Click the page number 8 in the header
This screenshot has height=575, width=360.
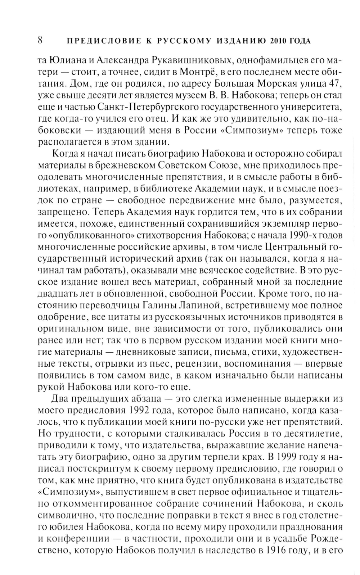tap(40, 40)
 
